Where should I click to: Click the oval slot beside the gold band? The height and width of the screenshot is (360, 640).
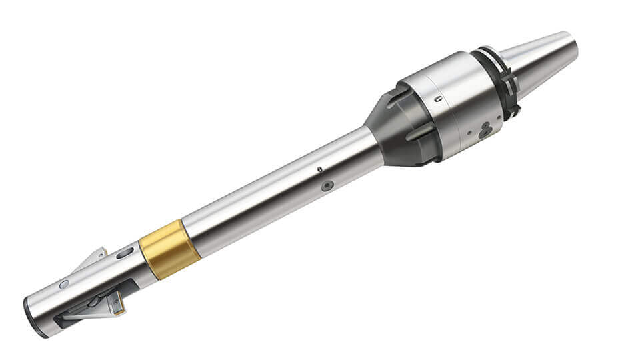[x=125, y=253]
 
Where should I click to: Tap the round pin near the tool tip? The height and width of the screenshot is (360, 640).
[x=64, y=284]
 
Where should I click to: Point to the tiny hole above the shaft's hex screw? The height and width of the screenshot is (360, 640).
[x=320, y=169]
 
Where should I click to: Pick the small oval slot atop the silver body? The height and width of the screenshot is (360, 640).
[x=438, y=99]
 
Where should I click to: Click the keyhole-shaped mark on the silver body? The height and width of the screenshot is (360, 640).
[x=485, y=130]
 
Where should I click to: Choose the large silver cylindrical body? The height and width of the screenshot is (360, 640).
[x=453, y=107]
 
